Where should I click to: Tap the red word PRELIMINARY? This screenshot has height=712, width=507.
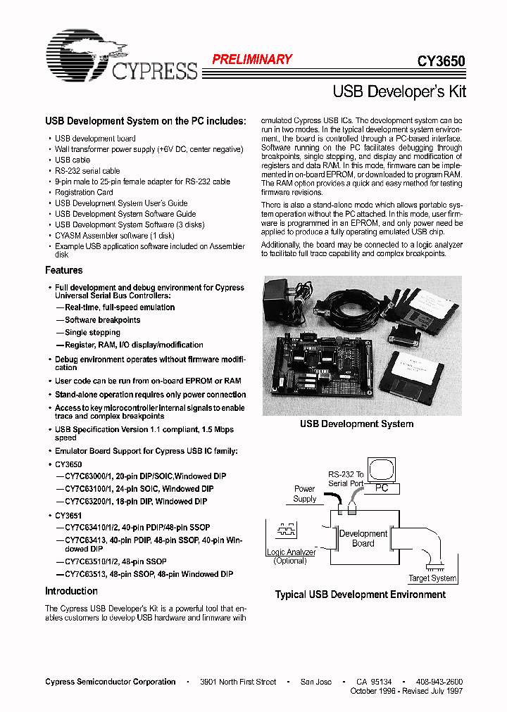251,60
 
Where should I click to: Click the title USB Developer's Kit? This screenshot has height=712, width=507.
399,91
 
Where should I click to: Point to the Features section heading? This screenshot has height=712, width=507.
64,270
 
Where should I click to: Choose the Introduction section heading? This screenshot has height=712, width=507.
71,591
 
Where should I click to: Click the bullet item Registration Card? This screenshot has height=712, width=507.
84,192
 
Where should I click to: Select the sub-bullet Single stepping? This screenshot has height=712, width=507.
92,332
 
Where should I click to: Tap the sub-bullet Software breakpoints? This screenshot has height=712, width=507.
102,319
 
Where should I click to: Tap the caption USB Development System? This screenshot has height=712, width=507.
357,424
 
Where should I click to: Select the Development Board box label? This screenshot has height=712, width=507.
363,538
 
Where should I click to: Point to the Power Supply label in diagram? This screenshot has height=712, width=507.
304,494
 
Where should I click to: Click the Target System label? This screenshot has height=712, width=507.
432,578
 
